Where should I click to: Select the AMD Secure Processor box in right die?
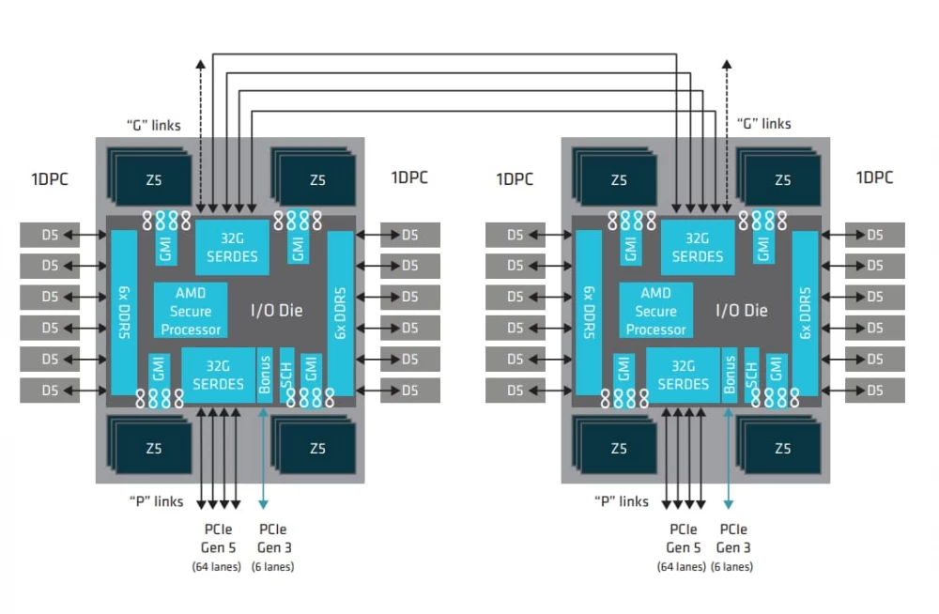pyautogui.click(x=655, y=311)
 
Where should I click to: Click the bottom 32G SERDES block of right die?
pyautogui.click(x=684, y=375)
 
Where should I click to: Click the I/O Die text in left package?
pyautogui.click(x=277, y=310)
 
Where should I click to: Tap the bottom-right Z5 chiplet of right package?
pyautogui.click(x=781, y=448)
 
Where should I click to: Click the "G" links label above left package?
pyautogui.click(x=153, y=124)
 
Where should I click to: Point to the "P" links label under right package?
pyautogui.click(x=620, y=501)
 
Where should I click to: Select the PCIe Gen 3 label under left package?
pyautogui.click(x=272, y=538)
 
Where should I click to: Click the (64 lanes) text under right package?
pyautogui.click(x=681, y=566)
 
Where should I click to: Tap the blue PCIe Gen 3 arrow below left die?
pyautogui.click(x=263, y=451)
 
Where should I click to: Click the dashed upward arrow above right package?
pyautogui.click(x=726, y=122)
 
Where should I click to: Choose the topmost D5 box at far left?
pyautogui.click(x=50, y=235)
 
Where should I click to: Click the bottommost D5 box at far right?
pyautogui.click(x=875, y=390)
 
